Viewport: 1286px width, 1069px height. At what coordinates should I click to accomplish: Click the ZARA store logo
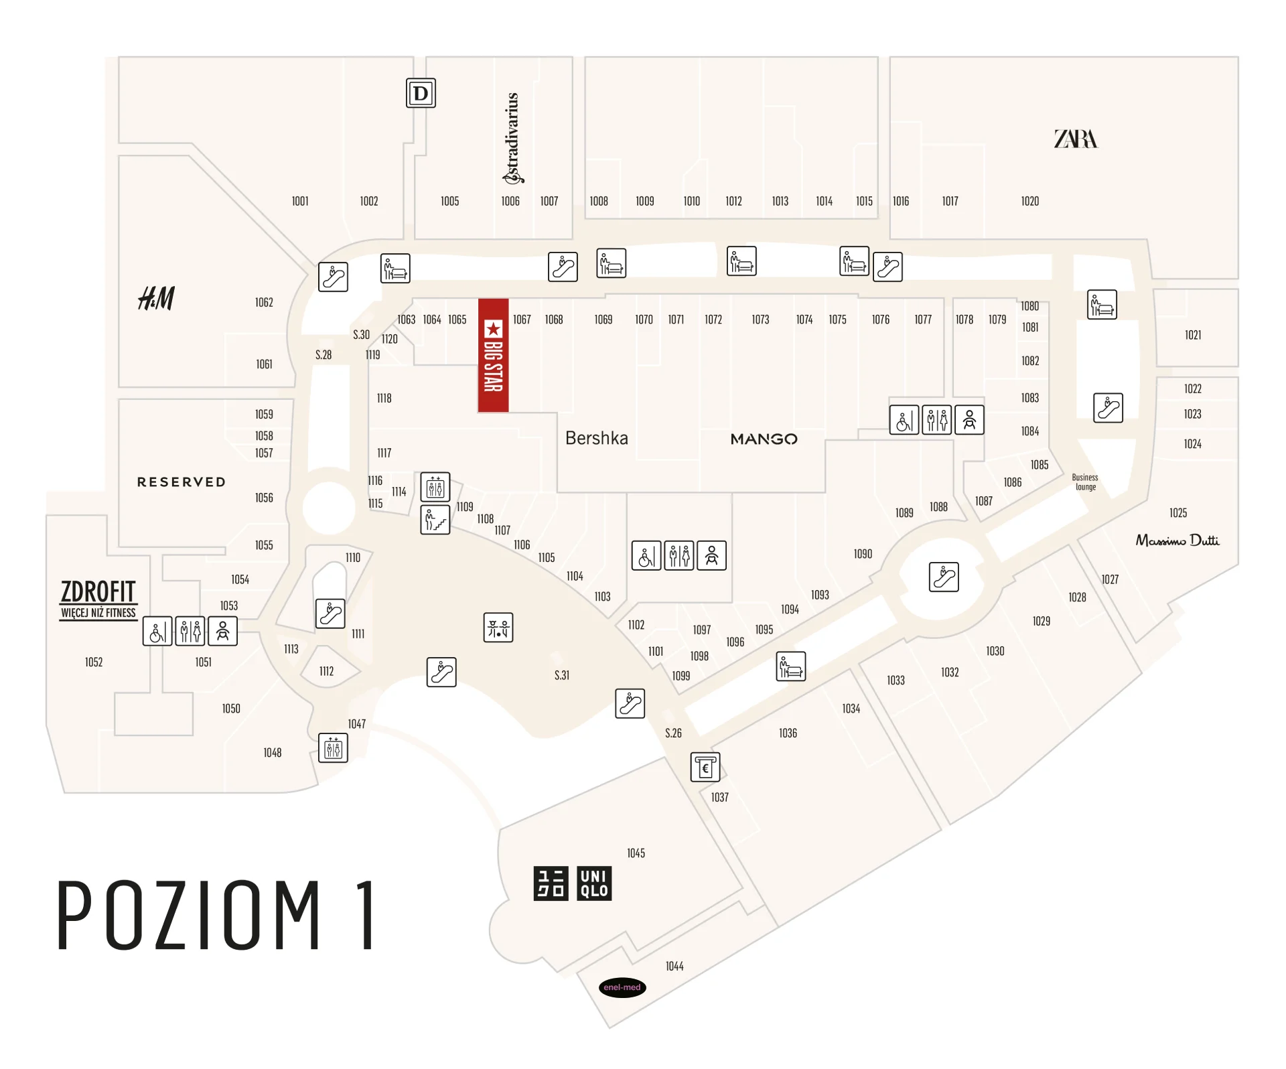pos(1076,139)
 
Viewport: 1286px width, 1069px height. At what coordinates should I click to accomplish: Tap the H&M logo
pos(156,298)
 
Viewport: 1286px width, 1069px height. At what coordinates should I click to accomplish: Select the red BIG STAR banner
pos(493,355)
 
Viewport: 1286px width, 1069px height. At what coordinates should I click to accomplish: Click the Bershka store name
pos(596,438)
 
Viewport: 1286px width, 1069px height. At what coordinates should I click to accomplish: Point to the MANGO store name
pos(764,439)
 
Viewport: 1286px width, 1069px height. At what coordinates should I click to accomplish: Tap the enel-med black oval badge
pos(622,987)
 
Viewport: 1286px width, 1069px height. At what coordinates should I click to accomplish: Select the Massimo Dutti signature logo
pos(1177,540)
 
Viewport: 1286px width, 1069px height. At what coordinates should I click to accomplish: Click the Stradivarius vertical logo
pos(512,137)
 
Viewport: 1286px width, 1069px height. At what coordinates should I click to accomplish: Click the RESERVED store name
pos(182,482)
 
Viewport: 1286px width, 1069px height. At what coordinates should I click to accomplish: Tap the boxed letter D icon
pos(421,93)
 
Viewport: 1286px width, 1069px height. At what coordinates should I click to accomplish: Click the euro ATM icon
pos(705,767)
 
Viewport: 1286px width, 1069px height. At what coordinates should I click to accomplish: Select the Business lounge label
pos(1085,482)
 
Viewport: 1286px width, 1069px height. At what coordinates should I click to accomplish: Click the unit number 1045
pos(636,853)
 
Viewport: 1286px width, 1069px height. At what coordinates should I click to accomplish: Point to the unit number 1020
pos(1029,201)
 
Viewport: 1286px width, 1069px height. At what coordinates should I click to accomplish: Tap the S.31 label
pos(561,675)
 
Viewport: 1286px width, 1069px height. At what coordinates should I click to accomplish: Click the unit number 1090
pos(863,554)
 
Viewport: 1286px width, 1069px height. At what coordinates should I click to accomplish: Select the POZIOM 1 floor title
pos(216,915)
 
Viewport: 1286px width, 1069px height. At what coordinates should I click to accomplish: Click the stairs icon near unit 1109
pos(435,520)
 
